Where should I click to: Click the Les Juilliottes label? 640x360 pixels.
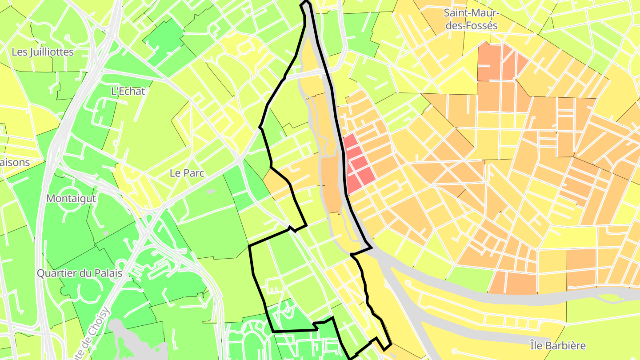pos(43,52)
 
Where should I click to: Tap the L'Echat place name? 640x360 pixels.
pos(128,91)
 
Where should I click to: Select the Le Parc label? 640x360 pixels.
pos(187,173)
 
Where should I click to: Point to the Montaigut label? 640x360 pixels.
pos(71,198)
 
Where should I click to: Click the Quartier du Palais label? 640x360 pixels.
pos(79,273)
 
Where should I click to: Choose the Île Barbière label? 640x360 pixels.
pos(558,345)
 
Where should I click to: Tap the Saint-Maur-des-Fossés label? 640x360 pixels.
pos(471,19)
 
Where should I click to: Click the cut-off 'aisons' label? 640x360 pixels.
pos(15,162)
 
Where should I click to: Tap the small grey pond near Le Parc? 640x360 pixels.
pos(211,192)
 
